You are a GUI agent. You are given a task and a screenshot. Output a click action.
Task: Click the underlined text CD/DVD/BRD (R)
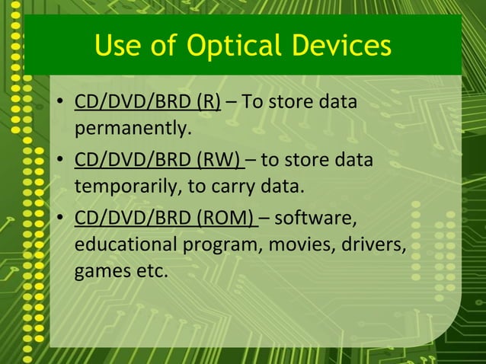(x=147, y=103)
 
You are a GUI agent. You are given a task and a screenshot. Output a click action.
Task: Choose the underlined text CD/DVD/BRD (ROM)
(x=165, y=221)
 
